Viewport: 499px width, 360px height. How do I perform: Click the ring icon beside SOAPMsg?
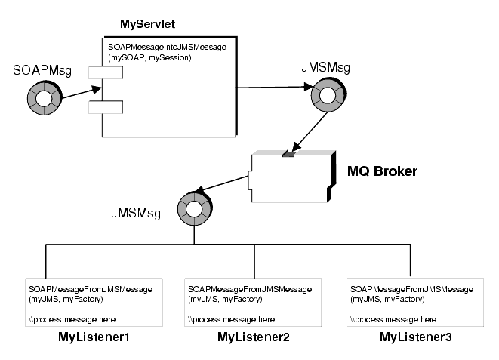(x=37, y=98)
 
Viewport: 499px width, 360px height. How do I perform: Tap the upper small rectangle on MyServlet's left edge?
(x=100, y=73)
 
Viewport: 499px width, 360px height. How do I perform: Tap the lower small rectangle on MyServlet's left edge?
(x=100, y=107)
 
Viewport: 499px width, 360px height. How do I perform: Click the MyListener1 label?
(x=94, y=337)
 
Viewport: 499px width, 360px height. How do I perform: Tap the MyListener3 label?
(x=415, y=337)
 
